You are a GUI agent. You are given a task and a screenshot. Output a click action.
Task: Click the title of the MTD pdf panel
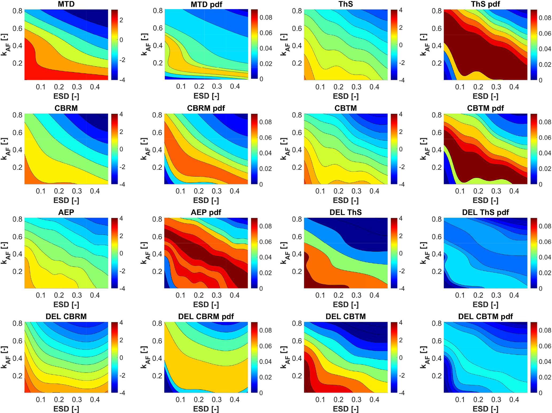point(206,5)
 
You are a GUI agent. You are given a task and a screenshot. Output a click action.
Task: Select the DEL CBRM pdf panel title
point(206,316)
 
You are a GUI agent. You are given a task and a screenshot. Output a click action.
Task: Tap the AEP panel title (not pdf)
point(66,212)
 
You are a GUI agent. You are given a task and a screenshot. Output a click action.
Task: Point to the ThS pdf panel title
point(486,4)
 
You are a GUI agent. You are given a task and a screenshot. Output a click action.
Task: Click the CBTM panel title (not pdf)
point(346,108)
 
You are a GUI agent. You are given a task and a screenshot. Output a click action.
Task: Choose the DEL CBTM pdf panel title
point(485,316)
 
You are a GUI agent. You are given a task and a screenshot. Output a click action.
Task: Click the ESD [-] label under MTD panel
point(66,96)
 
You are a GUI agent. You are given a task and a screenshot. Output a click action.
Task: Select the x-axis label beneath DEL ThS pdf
point(485,304)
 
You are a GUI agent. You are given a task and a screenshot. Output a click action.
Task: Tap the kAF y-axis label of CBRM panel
point(5,149)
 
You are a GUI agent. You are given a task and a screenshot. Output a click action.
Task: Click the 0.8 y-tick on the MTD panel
point(17,11)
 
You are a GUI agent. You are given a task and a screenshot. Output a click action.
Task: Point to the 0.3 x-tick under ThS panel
point(356,87)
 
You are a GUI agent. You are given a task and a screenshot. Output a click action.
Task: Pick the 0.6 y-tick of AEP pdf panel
point(157,237)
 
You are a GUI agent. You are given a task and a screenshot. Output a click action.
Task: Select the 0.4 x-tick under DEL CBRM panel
point(95,400)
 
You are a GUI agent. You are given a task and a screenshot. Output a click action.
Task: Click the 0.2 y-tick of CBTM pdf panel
point(437,167)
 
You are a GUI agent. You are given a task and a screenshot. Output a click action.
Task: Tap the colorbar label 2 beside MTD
point(121,20)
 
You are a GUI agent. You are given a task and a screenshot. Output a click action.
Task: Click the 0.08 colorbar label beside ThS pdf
point(545,18)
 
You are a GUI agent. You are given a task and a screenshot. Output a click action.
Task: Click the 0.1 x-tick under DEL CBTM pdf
point(460,400)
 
